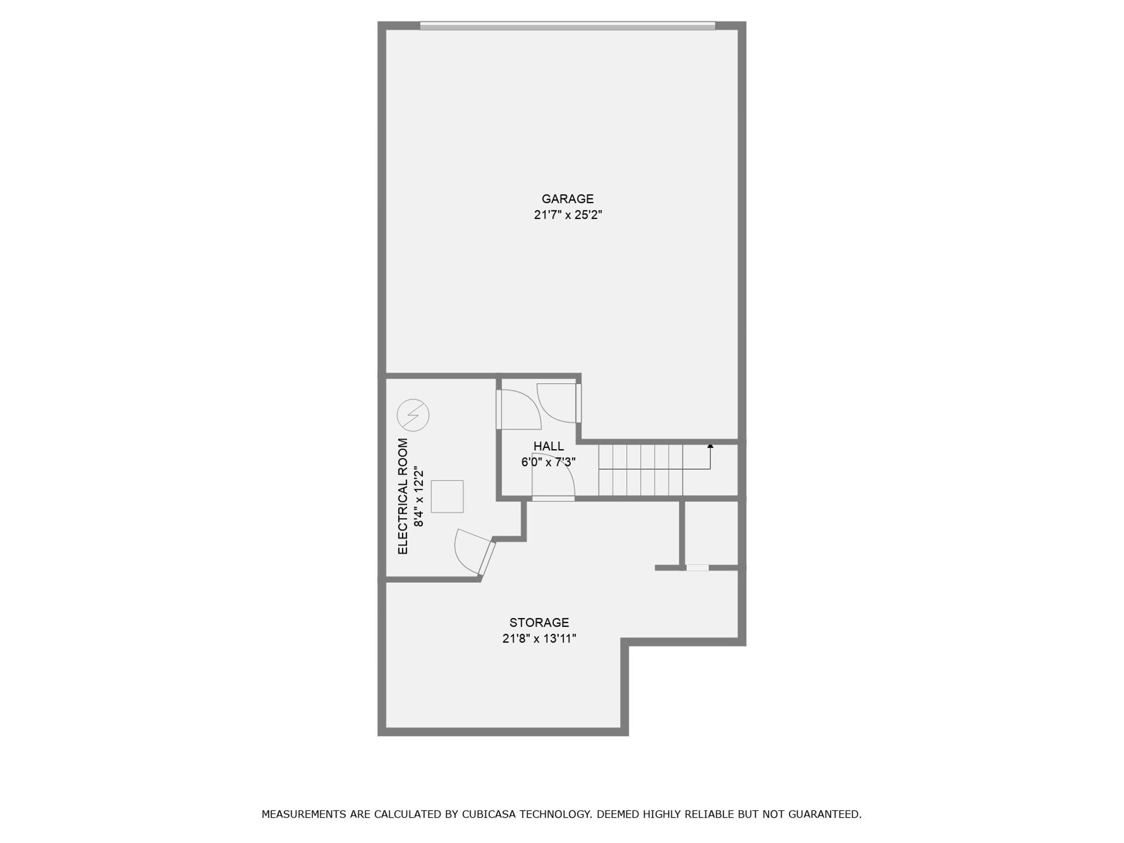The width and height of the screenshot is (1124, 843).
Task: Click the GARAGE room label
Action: pyautogui.click(x=567, y=199)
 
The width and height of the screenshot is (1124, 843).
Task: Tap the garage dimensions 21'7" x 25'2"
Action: pyautogui.click(x=568, y=215)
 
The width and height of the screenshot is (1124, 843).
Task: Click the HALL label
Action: pyautogui.click(x=548, y=446)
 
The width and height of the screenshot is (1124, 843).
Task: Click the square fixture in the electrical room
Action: pyautogui.click(x=447, y=497)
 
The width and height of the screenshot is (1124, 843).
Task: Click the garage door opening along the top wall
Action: pyautogui.click(x=567, y=25)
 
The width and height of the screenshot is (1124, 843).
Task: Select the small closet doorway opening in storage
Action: pyautogui.click(x=697, y=568)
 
